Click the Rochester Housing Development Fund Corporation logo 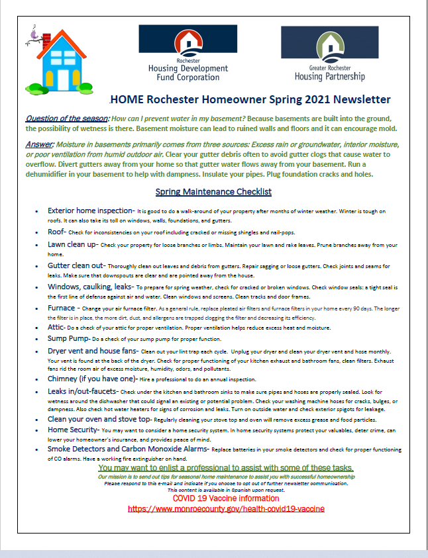click(187, 53)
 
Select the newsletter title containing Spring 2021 click(250, 100)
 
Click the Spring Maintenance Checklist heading click(213, 192)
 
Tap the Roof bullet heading click(57, 232)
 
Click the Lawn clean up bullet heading click(73, 244)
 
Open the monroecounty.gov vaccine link click(226, 509)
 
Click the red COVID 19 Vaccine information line click(226, 498)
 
